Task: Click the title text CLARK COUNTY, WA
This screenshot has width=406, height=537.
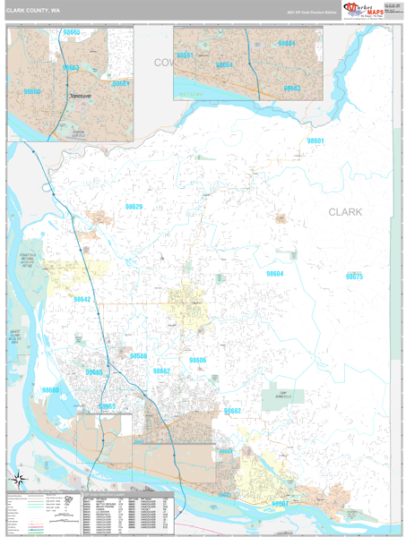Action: [34, 11]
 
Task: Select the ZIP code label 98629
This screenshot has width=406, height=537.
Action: [134, 207]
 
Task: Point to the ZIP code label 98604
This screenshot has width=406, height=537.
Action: [274, 274]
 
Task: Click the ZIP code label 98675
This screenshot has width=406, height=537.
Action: [354, 277]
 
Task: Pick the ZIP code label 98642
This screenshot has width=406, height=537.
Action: [82, 300]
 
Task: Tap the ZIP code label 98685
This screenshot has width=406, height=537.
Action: [94, 371]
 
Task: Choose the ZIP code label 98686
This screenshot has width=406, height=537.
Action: [138, 356]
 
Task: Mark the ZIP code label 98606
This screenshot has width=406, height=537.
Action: [197, 360]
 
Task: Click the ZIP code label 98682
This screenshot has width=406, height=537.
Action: [232, 411]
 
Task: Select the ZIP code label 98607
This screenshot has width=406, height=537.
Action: [280, 504]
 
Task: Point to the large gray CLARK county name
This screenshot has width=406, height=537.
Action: [345, 212]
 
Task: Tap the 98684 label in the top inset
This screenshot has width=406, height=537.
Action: [286, 43]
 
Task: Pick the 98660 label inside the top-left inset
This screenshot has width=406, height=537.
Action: [32, 91]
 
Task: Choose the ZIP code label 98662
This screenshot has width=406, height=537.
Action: [161, 371]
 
